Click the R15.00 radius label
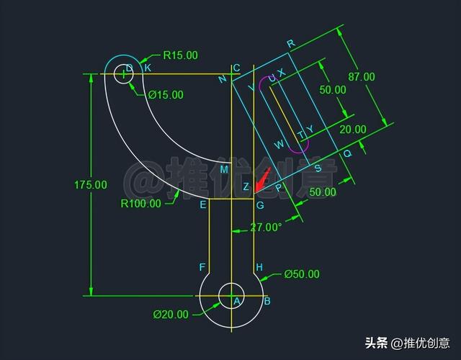pyautogui.click(x=180, y=55)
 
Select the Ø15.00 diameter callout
pyautogui.click(x=166, y=94)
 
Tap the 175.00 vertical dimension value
pyautogui.click(x=91, y=185)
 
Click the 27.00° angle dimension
pyautogui.click(x=266, y=228)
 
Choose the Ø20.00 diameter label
pyautogui.click(x=171, y=314)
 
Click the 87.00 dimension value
pyautogui.click(x=361, y=76)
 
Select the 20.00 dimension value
pyautogui.click(x=353, y=130)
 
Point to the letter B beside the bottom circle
pyautogui.click(x=267, y=301)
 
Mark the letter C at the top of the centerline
pyautogui.click(x=236, y=68)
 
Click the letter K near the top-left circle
pyautogui.click(x=148, y=68)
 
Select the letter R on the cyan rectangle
pyautogui.click(x=290, y=43)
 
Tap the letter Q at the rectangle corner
pyautogui.click(x=347, y=153)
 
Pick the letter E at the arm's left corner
pyautogui.click(x=203, y=205)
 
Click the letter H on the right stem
pyautogui.click(x=259, y=267)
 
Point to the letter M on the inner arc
pyautogui.click(x=224, y=168)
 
